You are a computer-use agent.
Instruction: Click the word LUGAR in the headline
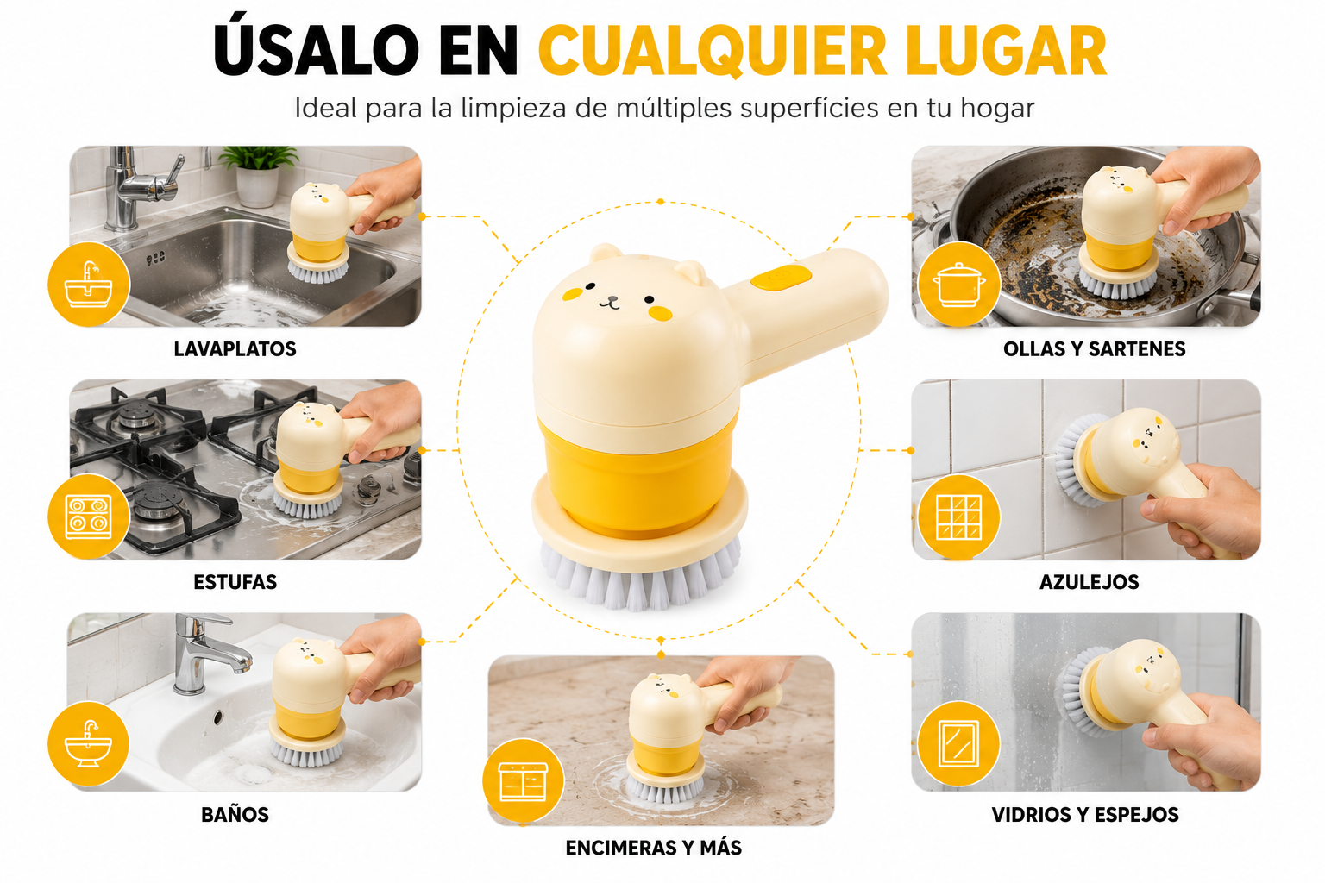pyautogui.click(x=1006, y=51)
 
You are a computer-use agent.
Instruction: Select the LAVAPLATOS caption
pyautogui.click(x=235, y=349)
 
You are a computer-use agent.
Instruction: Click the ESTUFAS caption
pyautogui.click(x=235, y=582)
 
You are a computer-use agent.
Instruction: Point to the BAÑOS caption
pyautogui.click(x=235, y=814)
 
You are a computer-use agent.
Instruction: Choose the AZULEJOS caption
pyautogui.click(x=1089, y=582)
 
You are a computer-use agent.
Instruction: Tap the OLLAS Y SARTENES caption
pyautogui.click(x=1095, y=349)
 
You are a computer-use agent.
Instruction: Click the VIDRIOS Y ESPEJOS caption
pyautogui.click(x=1085, y=815)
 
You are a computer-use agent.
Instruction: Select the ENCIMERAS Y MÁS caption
pyautogui.click(x=653, y=848)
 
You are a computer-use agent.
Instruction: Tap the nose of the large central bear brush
pyautogui.click(x=609, y=301)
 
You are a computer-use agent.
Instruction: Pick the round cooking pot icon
pyautogui.click(x=959, y=284)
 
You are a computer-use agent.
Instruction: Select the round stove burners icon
pyautogui.click(x=89, y=517)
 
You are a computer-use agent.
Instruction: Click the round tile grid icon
pyautogui.click(x=959, y=517)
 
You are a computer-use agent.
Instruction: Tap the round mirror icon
pyautogui.click(x=959, y=743)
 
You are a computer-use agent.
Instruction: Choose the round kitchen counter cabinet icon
pyautogui.click(x=523, y=780)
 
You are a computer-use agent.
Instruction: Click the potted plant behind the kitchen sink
pyautogui.click(x=259, y=176)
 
